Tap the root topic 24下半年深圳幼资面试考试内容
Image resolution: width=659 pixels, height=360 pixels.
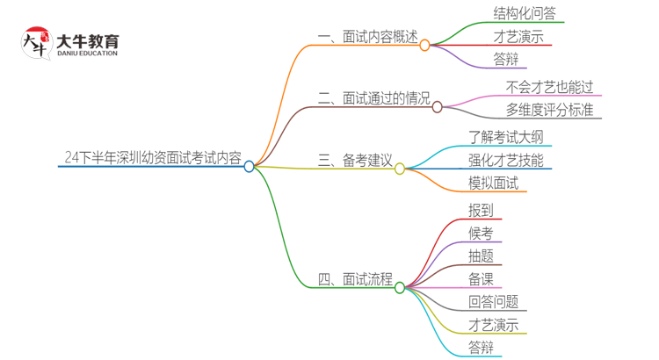click(152, 158)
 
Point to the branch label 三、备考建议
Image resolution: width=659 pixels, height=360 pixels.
click(354, 161)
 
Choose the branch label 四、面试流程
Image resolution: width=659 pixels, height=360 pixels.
click(354, 280)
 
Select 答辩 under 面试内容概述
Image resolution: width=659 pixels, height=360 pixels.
click(481, 60)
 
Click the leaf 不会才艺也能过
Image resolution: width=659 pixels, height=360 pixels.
click(550, 87)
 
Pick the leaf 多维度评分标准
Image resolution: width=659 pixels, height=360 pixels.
click(549, 110)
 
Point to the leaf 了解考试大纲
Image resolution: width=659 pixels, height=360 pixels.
click(511, 136)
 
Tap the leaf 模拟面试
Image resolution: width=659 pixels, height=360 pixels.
click(493, 184)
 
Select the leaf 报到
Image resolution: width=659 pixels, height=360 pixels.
click(481, 210)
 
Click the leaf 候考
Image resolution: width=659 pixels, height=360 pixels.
click(481, 233)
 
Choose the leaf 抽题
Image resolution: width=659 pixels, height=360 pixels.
click(481, 256)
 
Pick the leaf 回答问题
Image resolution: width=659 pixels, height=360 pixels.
click(493, 302)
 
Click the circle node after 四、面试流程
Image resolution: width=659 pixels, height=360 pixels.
click(400, 287)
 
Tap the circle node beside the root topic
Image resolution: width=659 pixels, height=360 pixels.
click(250, 166)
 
